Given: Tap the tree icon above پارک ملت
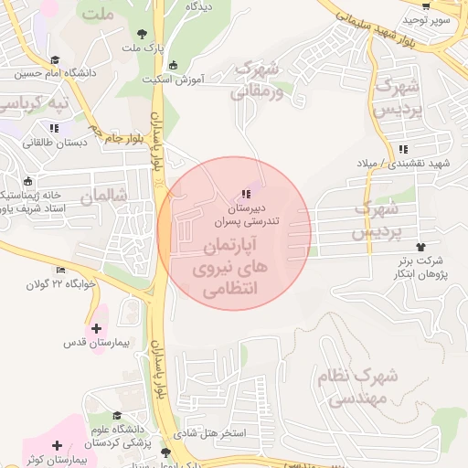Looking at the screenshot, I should (x=140, y=34).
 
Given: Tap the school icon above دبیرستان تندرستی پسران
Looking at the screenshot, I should (x=245, y=193).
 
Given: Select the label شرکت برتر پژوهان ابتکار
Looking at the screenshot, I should (x=416, y=267).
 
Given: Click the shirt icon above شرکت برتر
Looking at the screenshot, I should (x=420, y=247).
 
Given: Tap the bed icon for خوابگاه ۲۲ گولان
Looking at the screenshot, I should (x=61, y=270).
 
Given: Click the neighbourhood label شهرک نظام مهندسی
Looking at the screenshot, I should (x=360, y=387).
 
